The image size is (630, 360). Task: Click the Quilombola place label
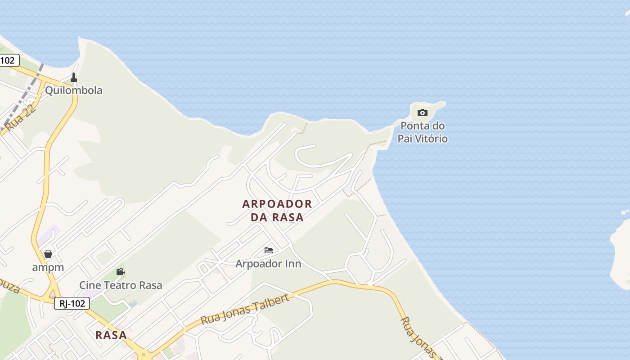pos(73,90)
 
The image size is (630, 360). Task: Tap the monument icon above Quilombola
pos(74,78)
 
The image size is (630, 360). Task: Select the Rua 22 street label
pos(21,118)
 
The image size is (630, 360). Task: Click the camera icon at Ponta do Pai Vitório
pos(422,112)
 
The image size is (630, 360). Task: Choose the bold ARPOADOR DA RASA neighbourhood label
pos(277,211)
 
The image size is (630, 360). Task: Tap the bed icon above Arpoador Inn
pos(269,250)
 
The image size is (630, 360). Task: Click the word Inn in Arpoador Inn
pos(293,264)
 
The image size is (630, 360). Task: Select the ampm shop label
pos(48,267)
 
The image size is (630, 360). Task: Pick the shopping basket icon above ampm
pos(48,254)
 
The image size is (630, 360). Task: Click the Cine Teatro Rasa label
pos(121,285)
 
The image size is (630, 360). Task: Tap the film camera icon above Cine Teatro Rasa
pos(120,272)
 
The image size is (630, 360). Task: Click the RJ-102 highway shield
pos(72,303)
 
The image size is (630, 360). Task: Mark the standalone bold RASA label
pos(111,335)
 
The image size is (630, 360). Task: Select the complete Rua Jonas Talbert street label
pos(245,310)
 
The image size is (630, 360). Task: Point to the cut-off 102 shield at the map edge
pos(8,60)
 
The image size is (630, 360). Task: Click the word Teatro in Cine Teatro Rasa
pos(121,285)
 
